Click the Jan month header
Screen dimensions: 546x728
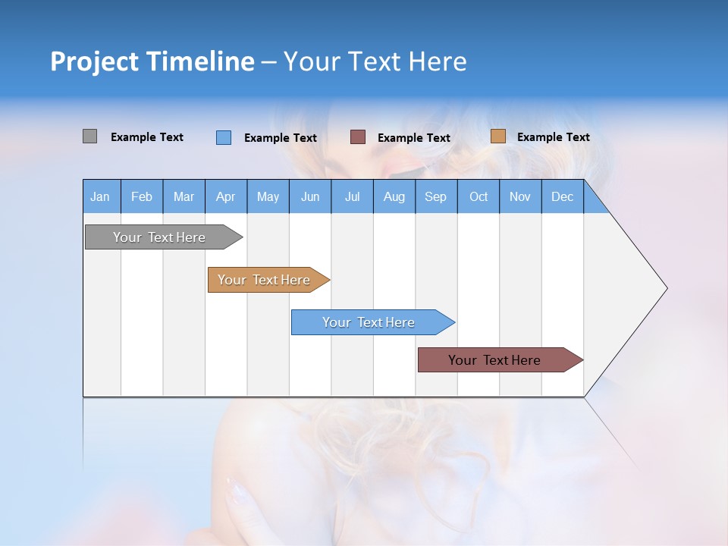100,196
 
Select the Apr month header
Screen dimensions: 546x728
225,196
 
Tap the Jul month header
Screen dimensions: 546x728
352,196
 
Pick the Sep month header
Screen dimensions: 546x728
435,196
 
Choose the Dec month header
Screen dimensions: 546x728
562,196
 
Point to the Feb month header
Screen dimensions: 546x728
142,196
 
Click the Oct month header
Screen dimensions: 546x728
479,196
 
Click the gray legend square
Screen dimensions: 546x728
89,136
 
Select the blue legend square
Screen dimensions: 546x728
224,137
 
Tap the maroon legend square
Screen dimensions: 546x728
358,137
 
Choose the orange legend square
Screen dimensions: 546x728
497,136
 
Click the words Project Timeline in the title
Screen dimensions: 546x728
152,61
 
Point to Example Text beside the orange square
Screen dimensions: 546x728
553,137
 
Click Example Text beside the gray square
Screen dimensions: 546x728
147,137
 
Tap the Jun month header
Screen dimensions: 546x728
310,196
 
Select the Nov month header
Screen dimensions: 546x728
520,196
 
